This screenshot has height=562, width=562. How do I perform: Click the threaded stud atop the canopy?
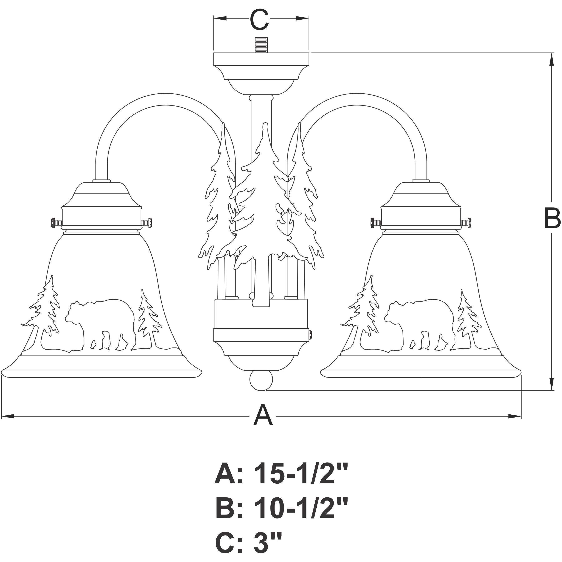pyautogui.click(x=261, y=45)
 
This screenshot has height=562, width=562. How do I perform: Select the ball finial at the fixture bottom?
pyautogui.click(x=261, y=380)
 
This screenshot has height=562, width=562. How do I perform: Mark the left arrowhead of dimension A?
pyautogui.click(x=7, y=416)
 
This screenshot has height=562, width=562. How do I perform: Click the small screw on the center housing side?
pyautogui.click(x=310, y=334)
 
